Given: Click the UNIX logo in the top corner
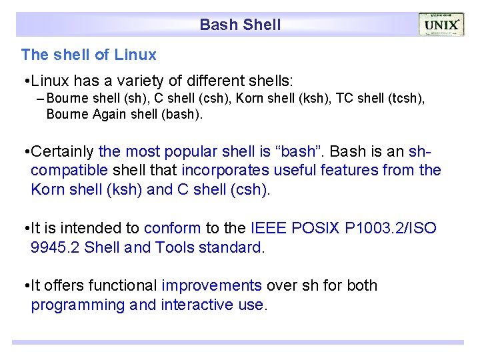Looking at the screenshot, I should pyautogui.click(x=441, y=25).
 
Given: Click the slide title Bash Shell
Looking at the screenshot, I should pyautogui.click(x=240, y=25).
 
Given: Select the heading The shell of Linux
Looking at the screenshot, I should pyautogui.click(x=89, y=55).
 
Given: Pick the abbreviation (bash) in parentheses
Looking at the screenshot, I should pyautogui.click(x=180, y=114).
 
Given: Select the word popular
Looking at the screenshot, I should pyautogui.click(x=191, y=151).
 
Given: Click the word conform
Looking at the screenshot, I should pyautogui.click(x=172, y=229).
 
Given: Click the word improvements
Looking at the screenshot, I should pyautogui.click(x=211, y=286).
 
